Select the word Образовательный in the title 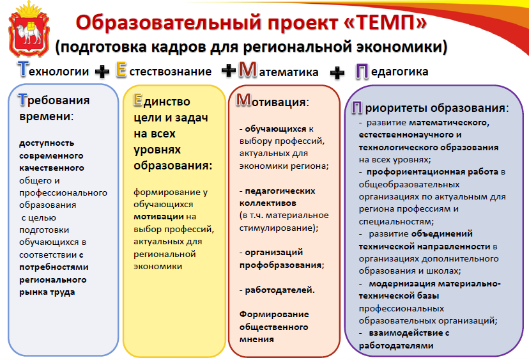click(169, 23)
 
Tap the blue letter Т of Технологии click(23, 69)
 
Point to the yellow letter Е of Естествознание click(121, 70)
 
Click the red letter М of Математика click(248, 70)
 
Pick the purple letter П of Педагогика click(362, 72)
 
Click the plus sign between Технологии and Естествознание click(102, 72)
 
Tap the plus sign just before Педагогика click(337, 73)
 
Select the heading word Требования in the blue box click(54, 100)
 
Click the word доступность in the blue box click(47, 143)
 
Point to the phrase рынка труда click(47, 292)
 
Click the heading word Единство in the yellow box click(162, 100)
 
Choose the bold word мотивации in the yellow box click(158, 217)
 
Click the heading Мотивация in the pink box click(272, 101)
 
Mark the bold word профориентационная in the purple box click(416, 172)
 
